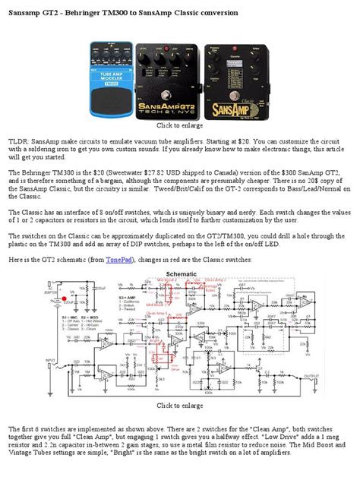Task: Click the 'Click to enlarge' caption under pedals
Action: click(x=179, y=125)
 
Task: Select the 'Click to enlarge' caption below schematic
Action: click(x=179, y=406)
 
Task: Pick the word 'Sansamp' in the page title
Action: click(x=26, y=13)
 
